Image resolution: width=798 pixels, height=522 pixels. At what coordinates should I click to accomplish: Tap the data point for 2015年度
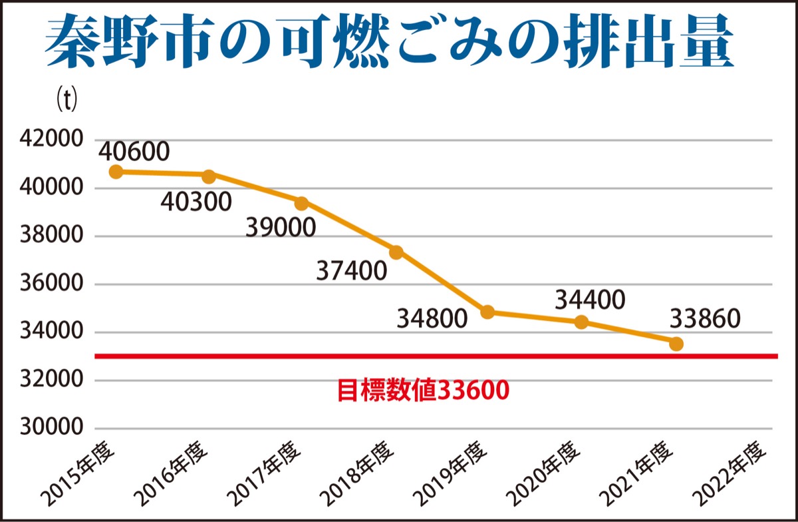pyautogui.click(x=116, y=172)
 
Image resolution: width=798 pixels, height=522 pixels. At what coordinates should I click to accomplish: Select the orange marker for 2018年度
pyautogui.click(x=396, y=252)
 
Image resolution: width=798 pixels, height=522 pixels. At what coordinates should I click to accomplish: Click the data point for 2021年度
pyautogui.click(x=676, y=344)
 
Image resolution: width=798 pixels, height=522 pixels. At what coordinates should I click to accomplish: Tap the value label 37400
pyautogui.click(x=350, y=271)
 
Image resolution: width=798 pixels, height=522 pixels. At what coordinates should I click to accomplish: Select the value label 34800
pyautogui.click(x=432, y=319)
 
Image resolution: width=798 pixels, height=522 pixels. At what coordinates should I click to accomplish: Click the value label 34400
pyautogui.click(x=590, y=300)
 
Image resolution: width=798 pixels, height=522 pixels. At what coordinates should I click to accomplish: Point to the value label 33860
pyautogui.click(x=704, y=320)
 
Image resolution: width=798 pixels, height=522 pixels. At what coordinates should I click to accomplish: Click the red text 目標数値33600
pyautogui.click(x=424, y=390)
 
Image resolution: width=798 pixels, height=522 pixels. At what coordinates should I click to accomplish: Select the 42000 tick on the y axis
pyautogui.click(x=50, y=140)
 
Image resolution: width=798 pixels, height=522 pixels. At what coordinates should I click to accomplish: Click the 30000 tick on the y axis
pyautogui.click(x=50, y=429)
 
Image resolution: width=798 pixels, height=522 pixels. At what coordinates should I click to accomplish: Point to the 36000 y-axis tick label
pyautogui.click(x=50, y=284)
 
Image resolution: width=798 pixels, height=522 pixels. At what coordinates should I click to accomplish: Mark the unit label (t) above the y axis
pyautogui.click(x=66, y=100)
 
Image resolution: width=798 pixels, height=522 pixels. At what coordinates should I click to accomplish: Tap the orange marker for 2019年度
pyautogui.click(x=487, y=312)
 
